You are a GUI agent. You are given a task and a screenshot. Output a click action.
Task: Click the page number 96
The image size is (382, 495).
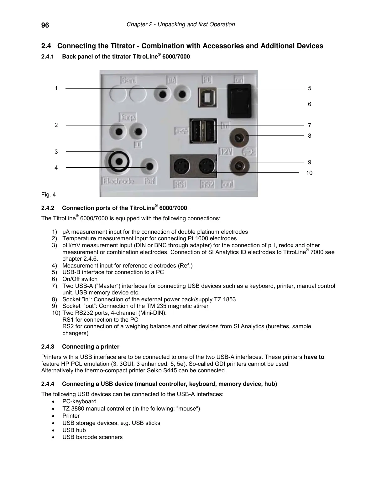point(45,25)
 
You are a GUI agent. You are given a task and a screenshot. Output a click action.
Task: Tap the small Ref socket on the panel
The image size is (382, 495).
point(149,166)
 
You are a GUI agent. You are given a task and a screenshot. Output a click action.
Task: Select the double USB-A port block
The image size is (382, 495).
point(203,131)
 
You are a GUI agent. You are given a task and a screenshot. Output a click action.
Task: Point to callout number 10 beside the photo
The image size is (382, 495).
point(309,173)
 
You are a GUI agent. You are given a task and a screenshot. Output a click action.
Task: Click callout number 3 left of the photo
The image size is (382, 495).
point(56,152)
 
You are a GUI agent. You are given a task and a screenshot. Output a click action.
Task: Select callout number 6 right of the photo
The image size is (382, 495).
point(309,104)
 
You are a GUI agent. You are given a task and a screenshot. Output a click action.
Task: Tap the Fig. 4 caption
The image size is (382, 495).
point(49,195)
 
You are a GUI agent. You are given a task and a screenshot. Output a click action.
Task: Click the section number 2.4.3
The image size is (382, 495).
point(48,347)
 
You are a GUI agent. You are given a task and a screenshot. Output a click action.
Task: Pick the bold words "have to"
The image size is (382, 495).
point(314,357)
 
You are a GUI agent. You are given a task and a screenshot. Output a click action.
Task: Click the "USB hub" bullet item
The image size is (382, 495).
point(74,430)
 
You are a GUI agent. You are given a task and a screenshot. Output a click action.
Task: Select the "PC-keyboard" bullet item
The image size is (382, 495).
point(79,401)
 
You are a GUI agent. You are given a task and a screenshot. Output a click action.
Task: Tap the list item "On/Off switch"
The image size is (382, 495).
point(80,279)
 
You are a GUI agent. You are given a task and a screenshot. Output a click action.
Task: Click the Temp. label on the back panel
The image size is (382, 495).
point(128,118)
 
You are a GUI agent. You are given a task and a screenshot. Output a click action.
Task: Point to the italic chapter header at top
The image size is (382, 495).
point(181,24)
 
